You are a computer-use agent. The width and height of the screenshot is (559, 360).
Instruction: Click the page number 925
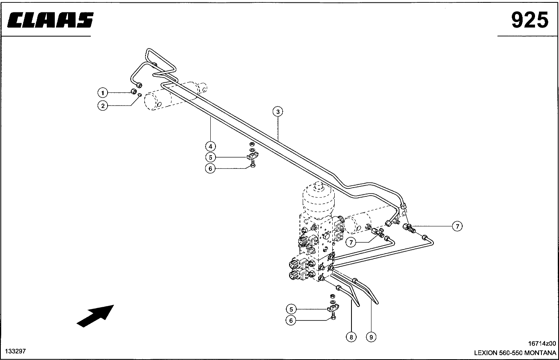coord(530,20)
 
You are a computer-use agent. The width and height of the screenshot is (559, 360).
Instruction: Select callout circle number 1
coord(103,93)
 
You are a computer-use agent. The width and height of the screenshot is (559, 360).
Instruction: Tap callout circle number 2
coord(103,106)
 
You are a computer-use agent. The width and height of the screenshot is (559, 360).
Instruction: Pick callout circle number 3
coord(278,112)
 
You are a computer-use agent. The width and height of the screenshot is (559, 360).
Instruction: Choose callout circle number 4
coord(211,146)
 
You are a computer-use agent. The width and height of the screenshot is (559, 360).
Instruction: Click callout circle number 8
coord(351,337)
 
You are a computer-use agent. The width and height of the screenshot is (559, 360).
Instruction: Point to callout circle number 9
coord(371,337)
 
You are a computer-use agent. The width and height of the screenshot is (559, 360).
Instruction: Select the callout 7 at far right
coord(457,226)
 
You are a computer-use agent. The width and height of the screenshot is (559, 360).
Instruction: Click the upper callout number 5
coord(211,157)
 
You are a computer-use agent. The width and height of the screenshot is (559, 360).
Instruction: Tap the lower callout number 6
coord(291,320)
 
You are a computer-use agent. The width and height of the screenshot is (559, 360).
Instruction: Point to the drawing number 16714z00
coord(542,344)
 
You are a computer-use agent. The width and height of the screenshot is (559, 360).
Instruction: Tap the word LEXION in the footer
coord(485,353)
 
